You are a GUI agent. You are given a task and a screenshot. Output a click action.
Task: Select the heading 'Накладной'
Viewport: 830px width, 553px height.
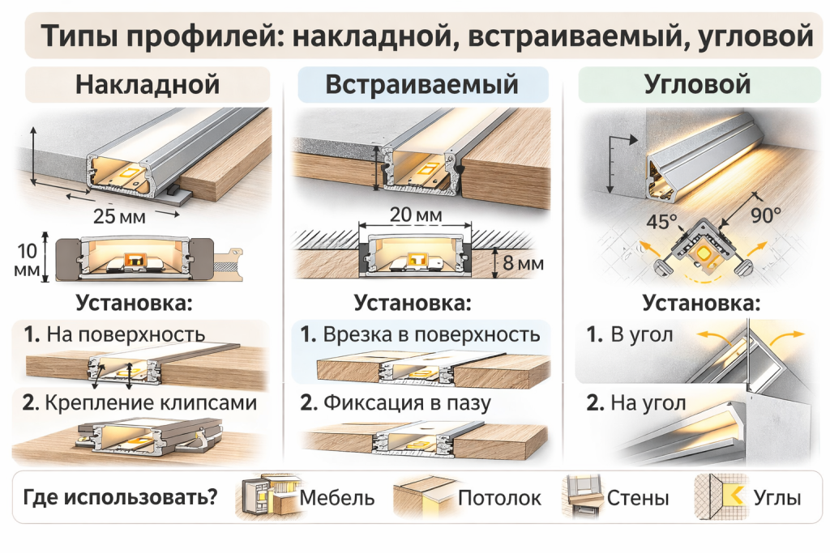(148, 85)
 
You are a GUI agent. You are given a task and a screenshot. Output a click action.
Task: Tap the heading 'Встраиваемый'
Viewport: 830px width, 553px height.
(421, 85)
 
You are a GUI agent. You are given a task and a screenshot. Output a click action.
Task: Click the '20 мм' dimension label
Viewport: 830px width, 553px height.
(415, 215)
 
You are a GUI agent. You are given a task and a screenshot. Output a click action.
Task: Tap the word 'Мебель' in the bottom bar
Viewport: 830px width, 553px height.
(337, 497)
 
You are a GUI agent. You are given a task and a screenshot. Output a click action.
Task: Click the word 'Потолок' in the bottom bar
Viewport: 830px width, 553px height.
(499, 497)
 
